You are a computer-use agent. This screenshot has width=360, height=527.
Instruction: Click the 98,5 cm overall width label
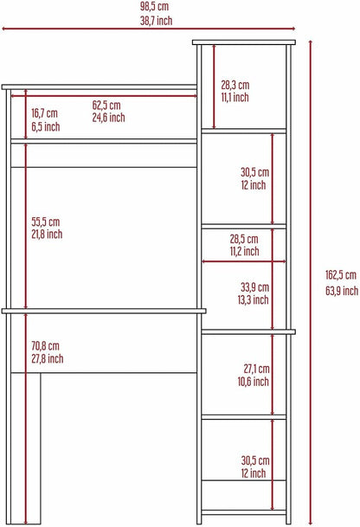154,6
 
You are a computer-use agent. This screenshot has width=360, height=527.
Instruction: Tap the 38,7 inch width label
157,21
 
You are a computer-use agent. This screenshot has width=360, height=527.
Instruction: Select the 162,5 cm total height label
340,275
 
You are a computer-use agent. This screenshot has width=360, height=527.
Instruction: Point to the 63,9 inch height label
342,291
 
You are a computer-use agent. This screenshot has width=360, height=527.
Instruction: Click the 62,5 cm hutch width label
106,106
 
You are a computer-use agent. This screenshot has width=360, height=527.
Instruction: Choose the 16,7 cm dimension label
44,113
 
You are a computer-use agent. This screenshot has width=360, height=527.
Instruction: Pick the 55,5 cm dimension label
45,222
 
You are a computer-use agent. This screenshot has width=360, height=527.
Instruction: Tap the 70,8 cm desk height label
45,346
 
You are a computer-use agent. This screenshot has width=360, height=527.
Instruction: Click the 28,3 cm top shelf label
235,85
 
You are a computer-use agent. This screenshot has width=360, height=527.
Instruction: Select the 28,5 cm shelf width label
244,239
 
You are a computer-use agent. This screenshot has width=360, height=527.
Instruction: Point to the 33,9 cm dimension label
254,287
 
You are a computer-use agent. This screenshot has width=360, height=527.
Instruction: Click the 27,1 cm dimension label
256,369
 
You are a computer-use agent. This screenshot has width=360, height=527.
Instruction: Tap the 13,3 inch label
253,299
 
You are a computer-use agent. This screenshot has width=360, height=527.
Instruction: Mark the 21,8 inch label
47,235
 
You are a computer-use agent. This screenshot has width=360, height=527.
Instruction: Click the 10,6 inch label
253,382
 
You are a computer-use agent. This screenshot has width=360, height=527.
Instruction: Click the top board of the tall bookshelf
244,42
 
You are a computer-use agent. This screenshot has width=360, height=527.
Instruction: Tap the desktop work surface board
104,312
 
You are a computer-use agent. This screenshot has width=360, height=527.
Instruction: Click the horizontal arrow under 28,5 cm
244,261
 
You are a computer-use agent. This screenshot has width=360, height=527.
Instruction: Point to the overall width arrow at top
149,29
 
